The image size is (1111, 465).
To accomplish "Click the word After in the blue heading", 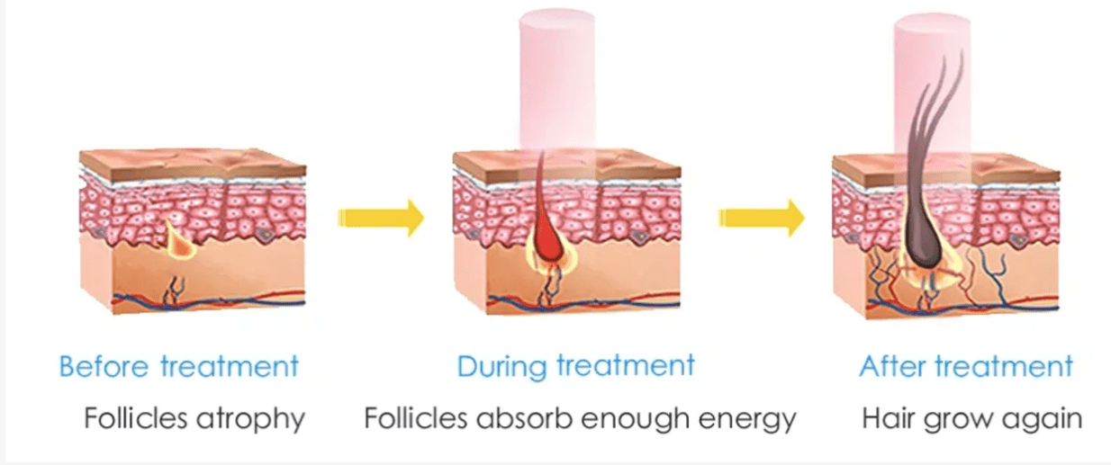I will tap(892, 366).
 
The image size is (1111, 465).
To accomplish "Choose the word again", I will tap(1045, 420).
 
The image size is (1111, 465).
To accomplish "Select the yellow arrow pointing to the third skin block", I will tap(761, 217).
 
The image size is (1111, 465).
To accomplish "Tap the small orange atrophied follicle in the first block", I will tap(177, 236).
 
